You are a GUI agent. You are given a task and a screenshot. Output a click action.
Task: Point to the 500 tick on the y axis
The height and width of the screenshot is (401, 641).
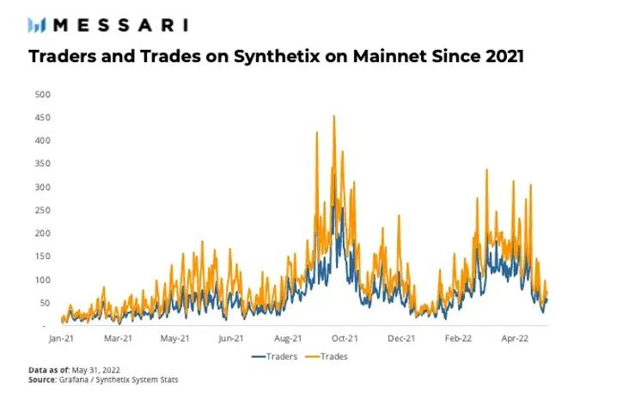pos(40,94)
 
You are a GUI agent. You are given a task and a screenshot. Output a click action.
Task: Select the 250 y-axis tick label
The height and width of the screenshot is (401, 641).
pos(40,210)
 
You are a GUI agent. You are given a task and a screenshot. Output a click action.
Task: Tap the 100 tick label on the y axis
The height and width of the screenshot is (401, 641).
pos(40,280)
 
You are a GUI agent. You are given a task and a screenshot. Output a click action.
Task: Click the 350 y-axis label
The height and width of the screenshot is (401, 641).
pos(40,163)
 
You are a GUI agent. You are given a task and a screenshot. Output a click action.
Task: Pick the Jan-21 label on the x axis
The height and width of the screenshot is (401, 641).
pos(61,339)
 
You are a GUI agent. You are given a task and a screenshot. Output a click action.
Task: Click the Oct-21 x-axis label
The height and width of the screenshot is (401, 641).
pos(345,339)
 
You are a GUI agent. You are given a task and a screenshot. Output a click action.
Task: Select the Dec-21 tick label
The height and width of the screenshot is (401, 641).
pos(401,339)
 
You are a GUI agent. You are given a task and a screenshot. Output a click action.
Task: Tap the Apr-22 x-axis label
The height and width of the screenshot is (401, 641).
pos(516,339)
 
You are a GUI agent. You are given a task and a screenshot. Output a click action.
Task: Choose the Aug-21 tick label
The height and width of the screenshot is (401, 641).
pos(288,339)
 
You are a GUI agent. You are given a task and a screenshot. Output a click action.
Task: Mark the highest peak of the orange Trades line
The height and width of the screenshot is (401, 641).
pos(333,116)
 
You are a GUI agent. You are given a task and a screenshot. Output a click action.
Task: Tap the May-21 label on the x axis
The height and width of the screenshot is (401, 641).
pos(174,339)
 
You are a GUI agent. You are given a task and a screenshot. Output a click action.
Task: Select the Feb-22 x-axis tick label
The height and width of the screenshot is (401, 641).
pos(459,339)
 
